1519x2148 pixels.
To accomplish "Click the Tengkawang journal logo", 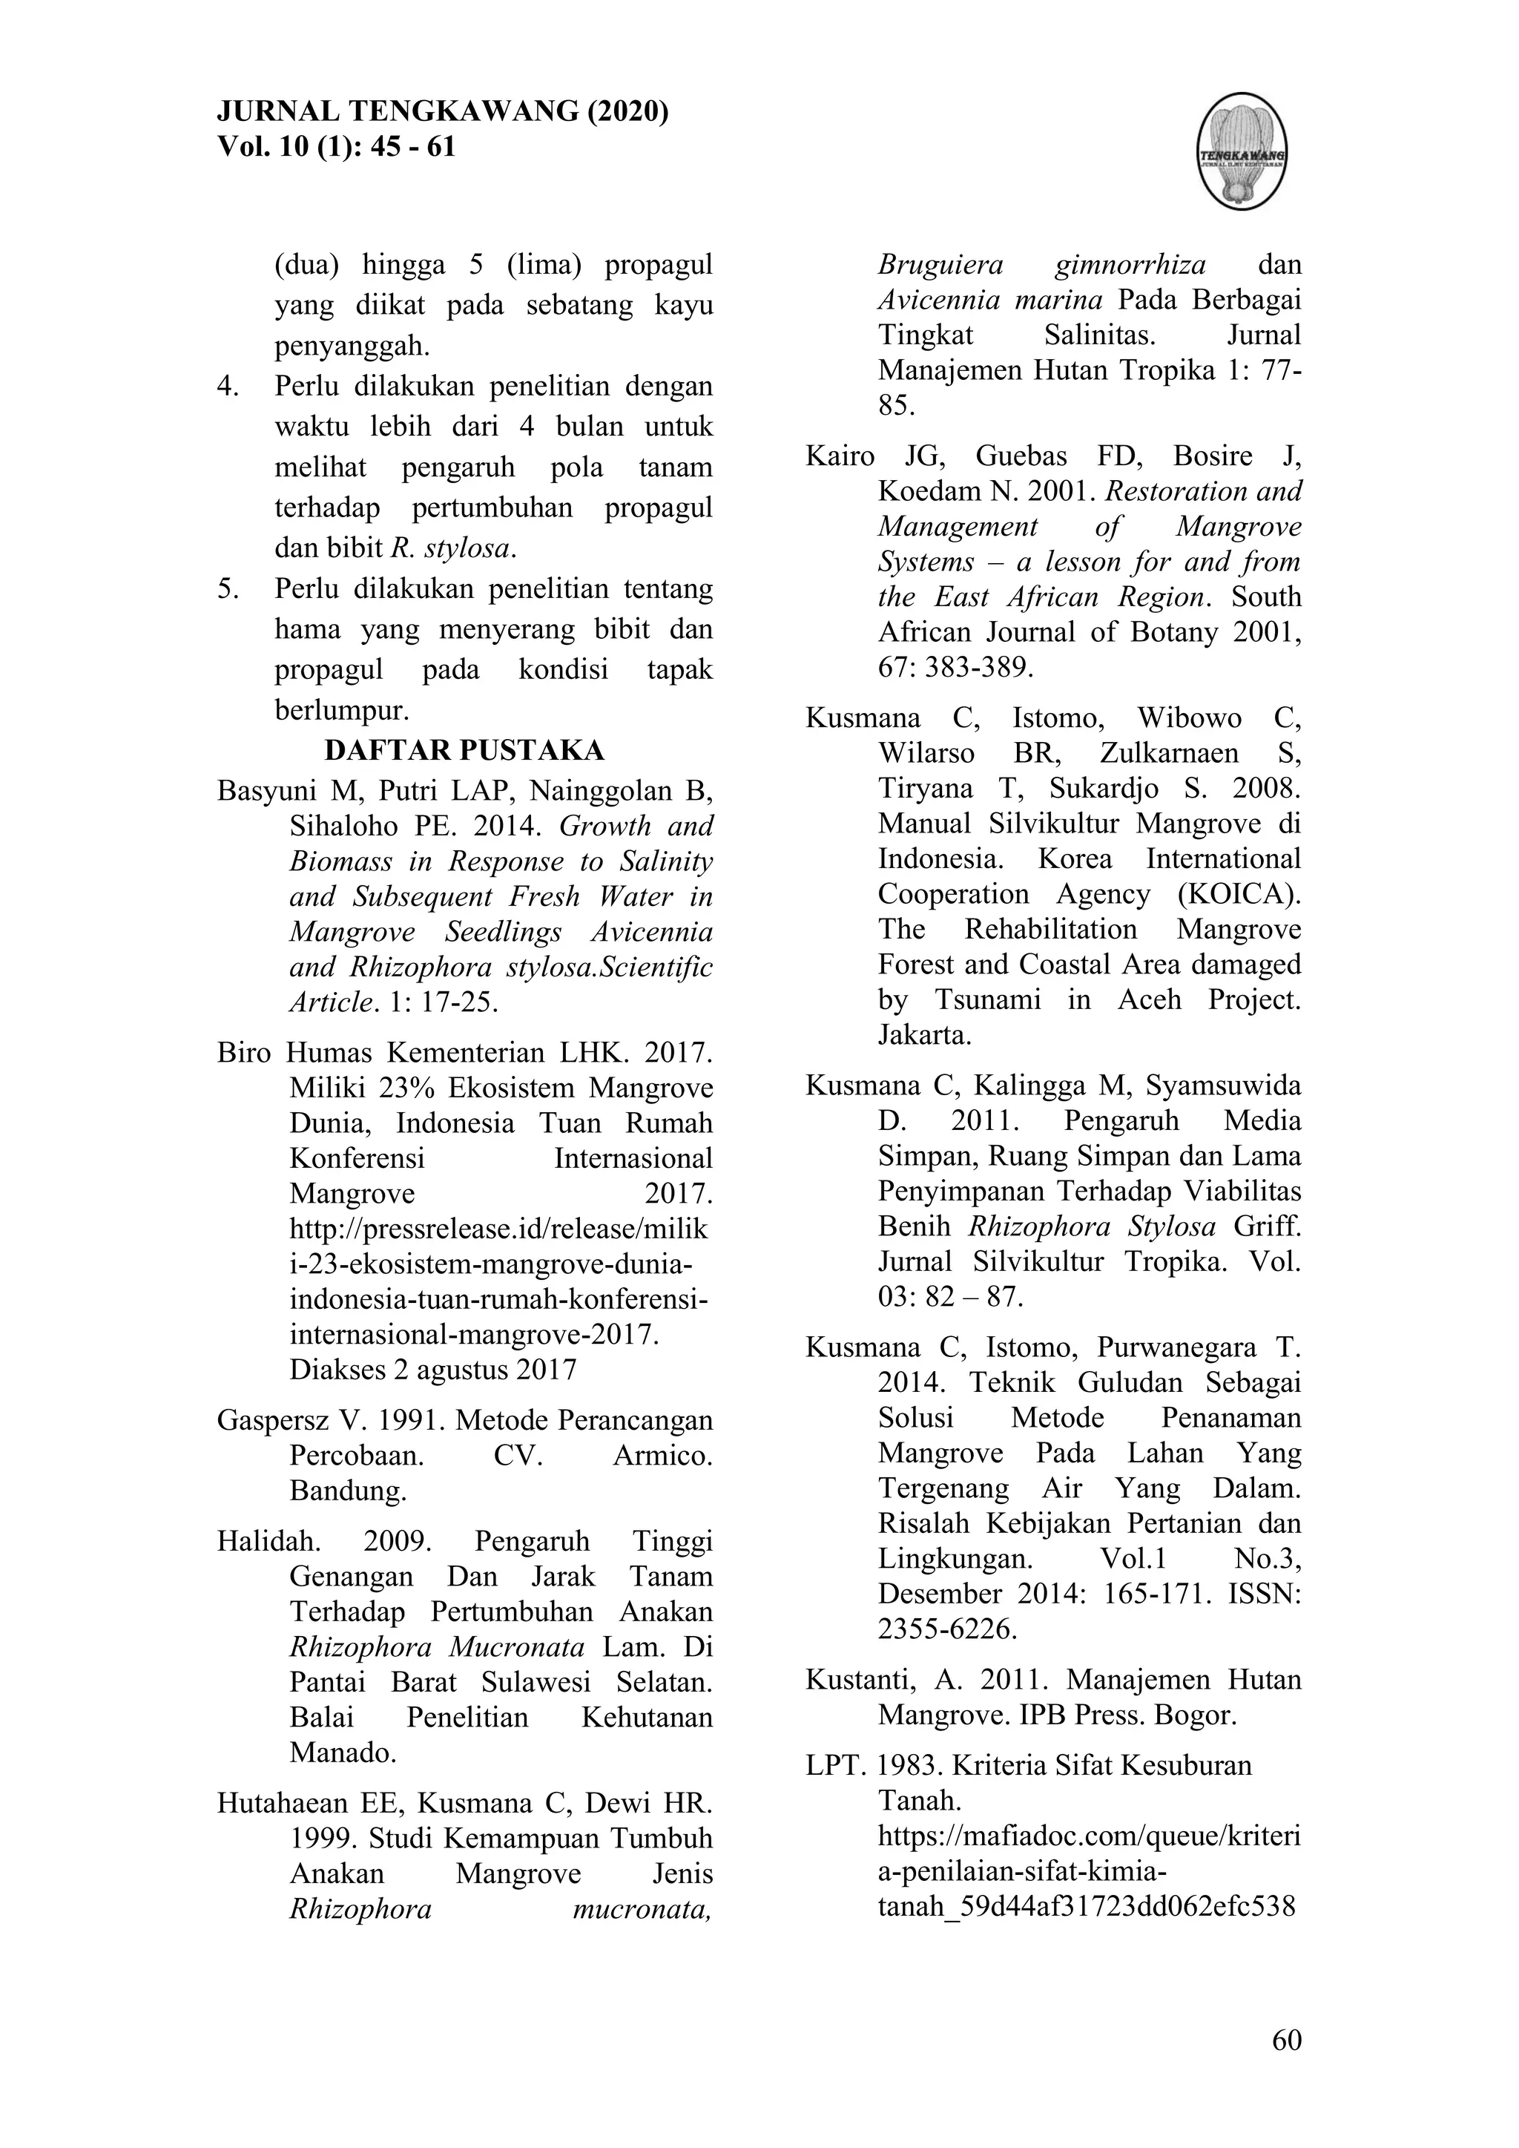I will pos(1242,151).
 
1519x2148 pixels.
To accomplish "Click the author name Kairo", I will pos(840,456).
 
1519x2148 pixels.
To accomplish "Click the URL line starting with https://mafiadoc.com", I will pos(1089,1836).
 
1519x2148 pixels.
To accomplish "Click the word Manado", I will pos(343,1751).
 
